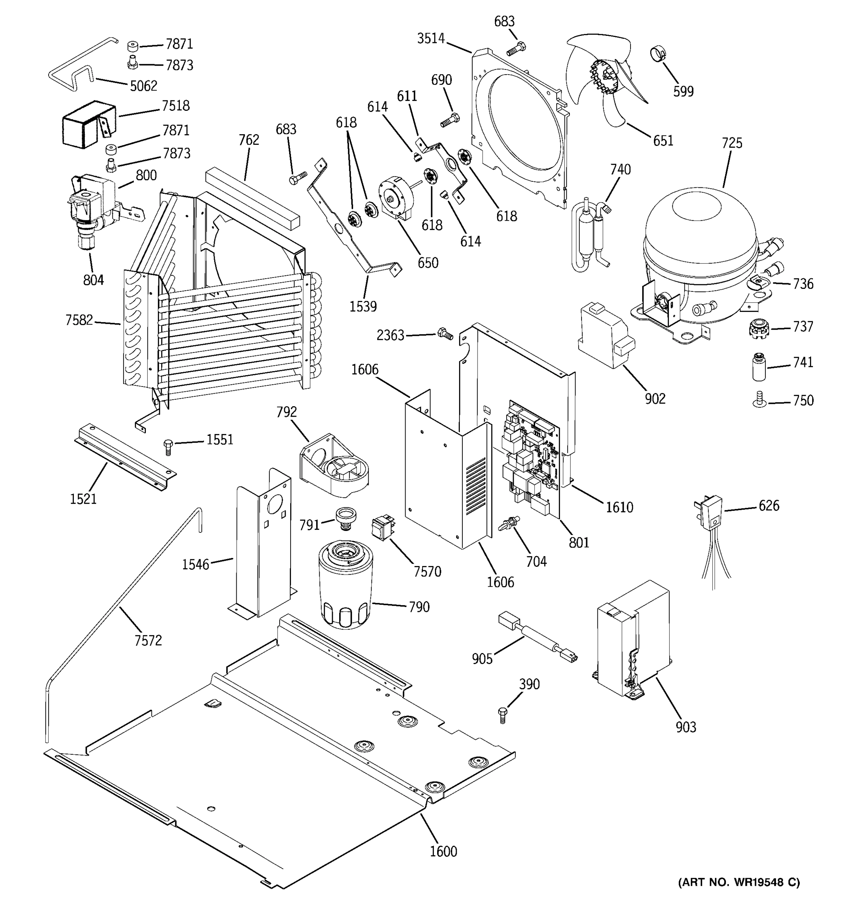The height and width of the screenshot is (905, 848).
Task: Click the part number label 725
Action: coord(732,143)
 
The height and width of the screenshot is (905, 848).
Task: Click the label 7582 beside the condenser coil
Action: coord(79,320)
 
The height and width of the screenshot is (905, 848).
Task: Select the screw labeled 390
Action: coord(502,715)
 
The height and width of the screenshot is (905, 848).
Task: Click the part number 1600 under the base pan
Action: coord(443,851)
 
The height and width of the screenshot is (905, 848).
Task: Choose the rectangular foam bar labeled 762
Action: coord(253,198)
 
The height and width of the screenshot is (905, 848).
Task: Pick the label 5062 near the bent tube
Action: coord(143,86)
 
